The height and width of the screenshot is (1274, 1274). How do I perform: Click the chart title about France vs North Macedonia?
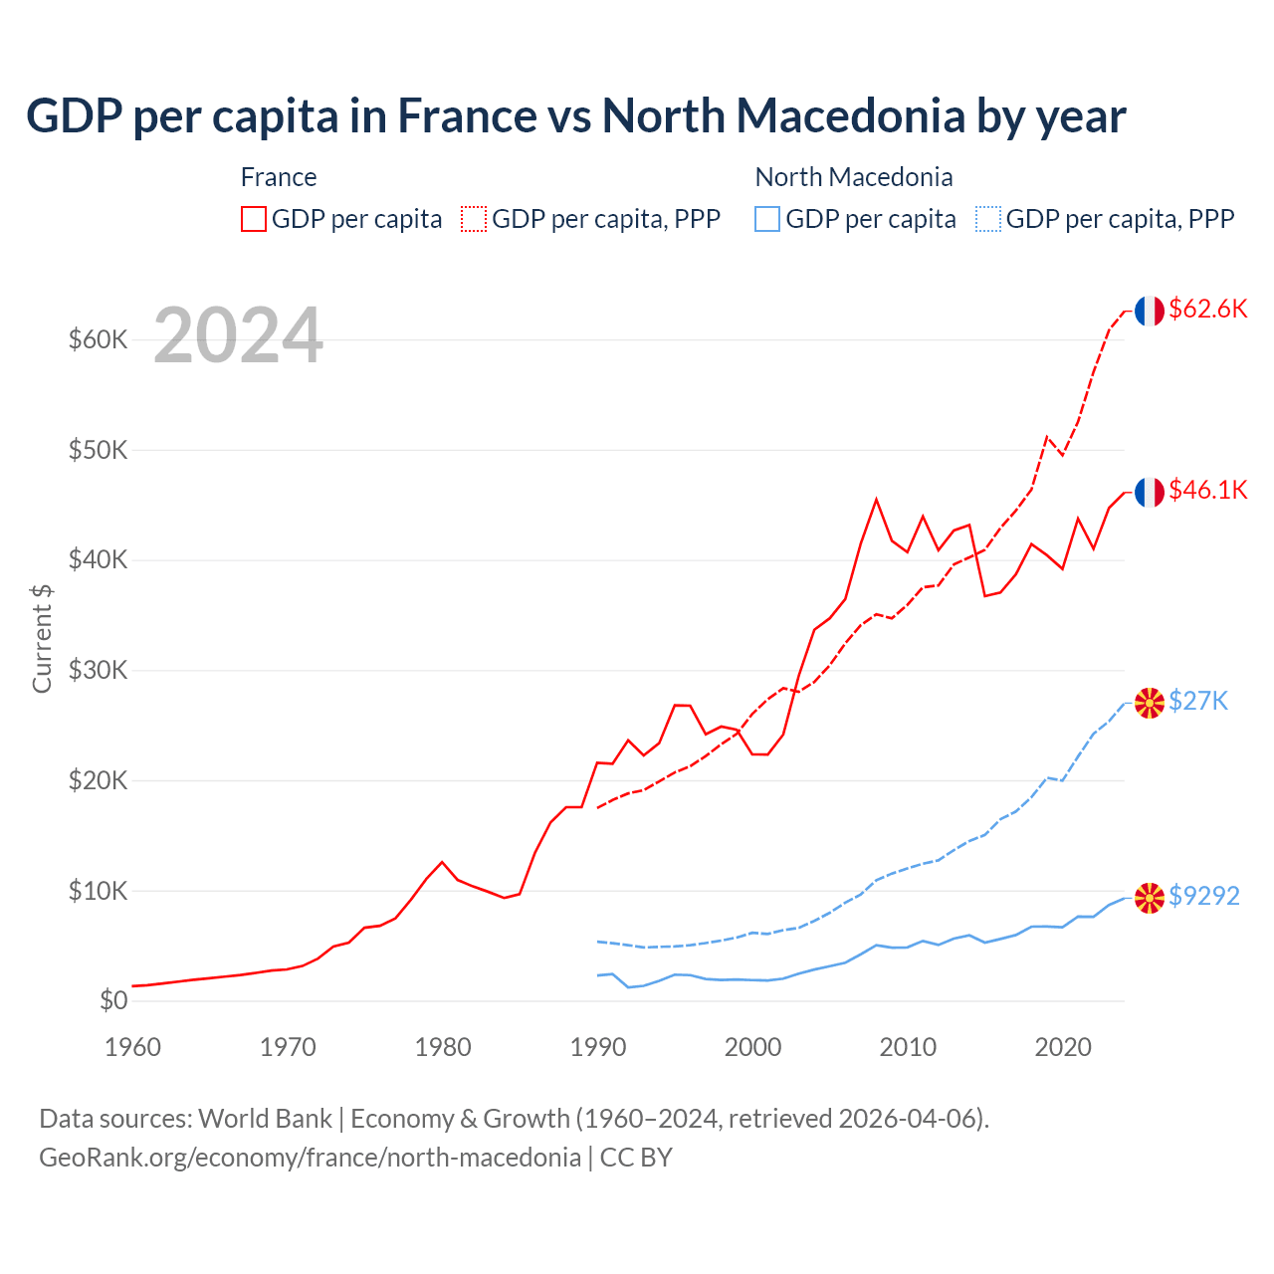[x=575, y=116]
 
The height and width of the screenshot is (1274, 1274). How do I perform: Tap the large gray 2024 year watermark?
[x=238, y=336]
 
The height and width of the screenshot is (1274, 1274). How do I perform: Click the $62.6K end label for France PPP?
[x=1207, y=310]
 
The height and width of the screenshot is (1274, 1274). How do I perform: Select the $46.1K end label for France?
[x=1207, y=490]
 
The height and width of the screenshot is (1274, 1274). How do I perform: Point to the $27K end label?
[x=1198, y=702]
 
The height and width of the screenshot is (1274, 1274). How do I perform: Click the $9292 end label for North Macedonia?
[x=1203, y=897]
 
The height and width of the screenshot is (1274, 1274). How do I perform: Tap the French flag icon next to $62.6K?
[x=1150, y=311]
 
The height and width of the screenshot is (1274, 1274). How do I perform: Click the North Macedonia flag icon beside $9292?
[x=1150, y=898]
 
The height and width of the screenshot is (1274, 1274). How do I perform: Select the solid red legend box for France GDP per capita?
[x=254, y=219]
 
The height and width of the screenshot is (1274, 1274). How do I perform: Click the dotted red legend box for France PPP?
[x=474, y=219]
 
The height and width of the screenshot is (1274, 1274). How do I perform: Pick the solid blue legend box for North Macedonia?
[x=767, y=219]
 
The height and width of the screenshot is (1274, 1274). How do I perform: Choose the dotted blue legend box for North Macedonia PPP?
[x=988, y=219]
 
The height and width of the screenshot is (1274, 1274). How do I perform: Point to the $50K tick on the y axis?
[x=99, y=450]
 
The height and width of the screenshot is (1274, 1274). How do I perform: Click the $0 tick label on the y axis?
[x=113, y=1000]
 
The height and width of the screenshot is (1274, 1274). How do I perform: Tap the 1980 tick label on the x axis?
[x=443, y=1047]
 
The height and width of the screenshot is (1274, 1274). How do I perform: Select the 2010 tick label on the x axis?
[x=908, y=1047]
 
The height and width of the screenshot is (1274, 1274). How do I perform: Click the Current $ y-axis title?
[x=42, y=638]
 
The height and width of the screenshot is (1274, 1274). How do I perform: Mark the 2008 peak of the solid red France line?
[x=876, y=500]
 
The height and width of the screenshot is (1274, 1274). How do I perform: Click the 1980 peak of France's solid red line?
[x=442, y=862]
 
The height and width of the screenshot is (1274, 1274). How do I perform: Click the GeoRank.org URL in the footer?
[x=310, y=1158]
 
